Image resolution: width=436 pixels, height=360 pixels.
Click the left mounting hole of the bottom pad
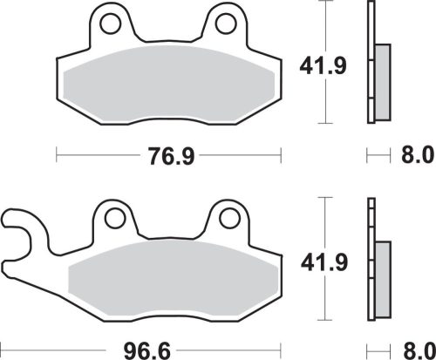pos(111,217)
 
